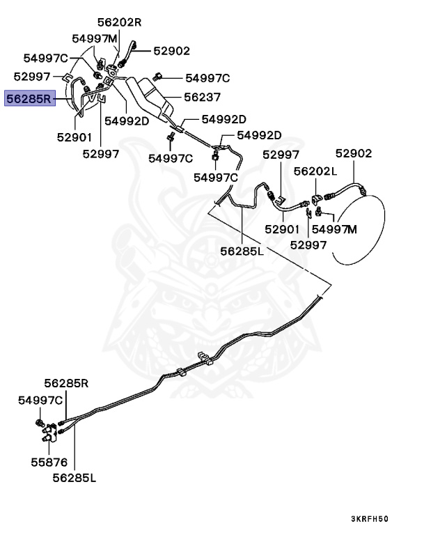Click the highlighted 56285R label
pyautogui.click(x=28, y=99)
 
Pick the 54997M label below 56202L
pyautogui.click(x=334, y=228)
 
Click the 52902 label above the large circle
pyautogui.click(x=353, y=154)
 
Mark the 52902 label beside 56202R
pyautogui.click(x=171, y=51)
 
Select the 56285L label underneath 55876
pyautogui.click(x=74, y=479)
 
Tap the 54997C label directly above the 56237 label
pyautogui.click(x=207, y=77)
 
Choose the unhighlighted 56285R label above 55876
pyautogui.click(x=67, y=382)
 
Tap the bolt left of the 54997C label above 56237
pyautogui.click(x=160, y=76)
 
